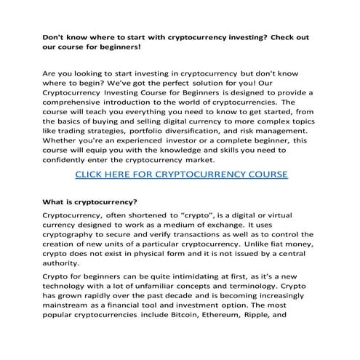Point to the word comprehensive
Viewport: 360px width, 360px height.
coord(76,113)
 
